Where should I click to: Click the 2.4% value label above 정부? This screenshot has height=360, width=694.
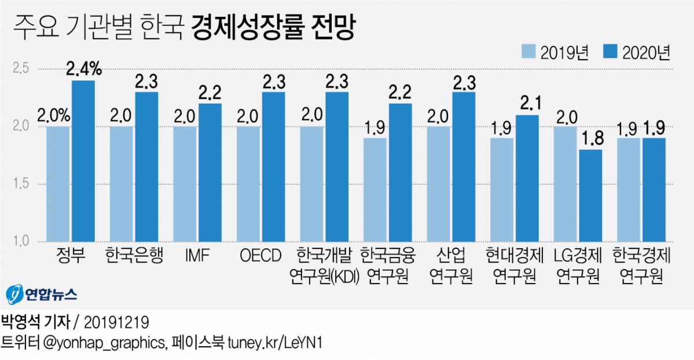tap(85, 70)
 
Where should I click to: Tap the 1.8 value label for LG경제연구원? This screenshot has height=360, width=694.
tap(591, 139)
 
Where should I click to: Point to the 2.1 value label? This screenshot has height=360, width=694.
tap(527, 105)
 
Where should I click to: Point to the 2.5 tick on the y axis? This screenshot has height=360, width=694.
tap(21, 69)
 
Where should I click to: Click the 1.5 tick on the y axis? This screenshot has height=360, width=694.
tap(21, 184)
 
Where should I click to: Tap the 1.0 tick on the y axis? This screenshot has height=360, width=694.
tap(21, 241)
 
